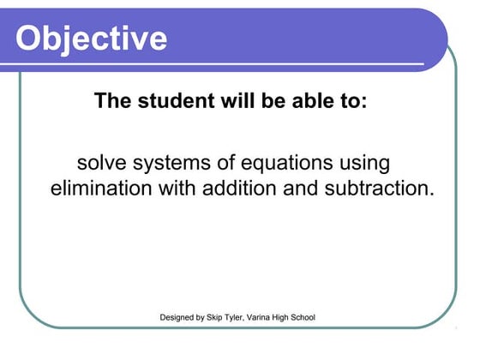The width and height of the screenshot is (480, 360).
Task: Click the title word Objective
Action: click(x=92, y=38)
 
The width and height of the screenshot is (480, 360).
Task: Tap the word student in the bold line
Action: click(x=170, y=101)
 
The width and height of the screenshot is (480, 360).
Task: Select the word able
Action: click(x=301, y=101)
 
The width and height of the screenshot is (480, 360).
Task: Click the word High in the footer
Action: click(x=295, y=318)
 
